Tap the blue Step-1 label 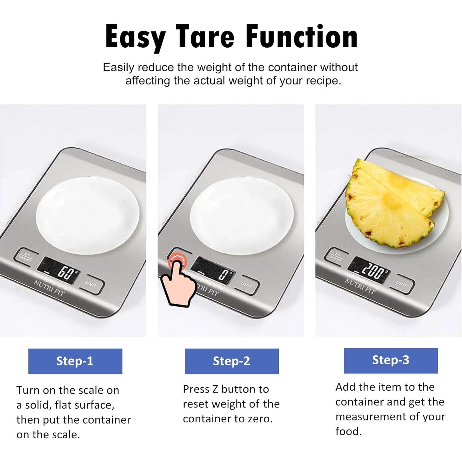(x=75, y=361)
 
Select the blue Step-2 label (x=231, y=361)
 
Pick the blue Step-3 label (x=391, y=360)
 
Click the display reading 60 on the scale (x=58, y=271)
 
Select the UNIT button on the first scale (x=91, y=285)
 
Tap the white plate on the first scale (x=87, y=216)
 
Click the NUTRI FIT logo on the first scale (x=50, y=288)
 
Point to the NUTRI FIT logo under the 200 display (x=360, y=286)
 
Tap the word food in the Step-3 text (x=348, y=431)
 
